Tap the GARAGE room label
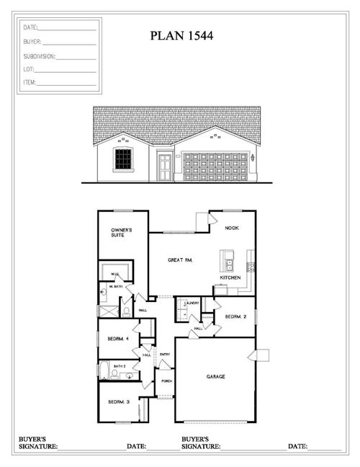click(x=215, y=376)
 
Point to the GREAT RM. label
click(x=179, y=259)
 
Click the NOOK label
click(x=231, y=228)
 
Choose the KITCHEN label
click(x=230, y=277)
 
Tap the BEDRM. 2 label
click(x=236, y=316)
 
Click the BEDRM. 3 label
click(x=118, y=402)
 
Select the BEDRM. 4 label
click(x=118, y=338)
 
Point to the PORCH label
click(x=166, y=381)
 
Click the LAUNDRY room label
click(x=192, y=303)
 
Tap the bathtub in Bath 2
click(x=104, y=370)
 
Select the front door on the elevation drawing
click(x=166, y=168)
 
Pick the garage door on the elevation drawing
click(x=213, y=166)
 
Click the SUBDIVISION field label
click(x=39, y=55)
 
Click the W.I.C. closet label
click(x=114, y=275)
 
